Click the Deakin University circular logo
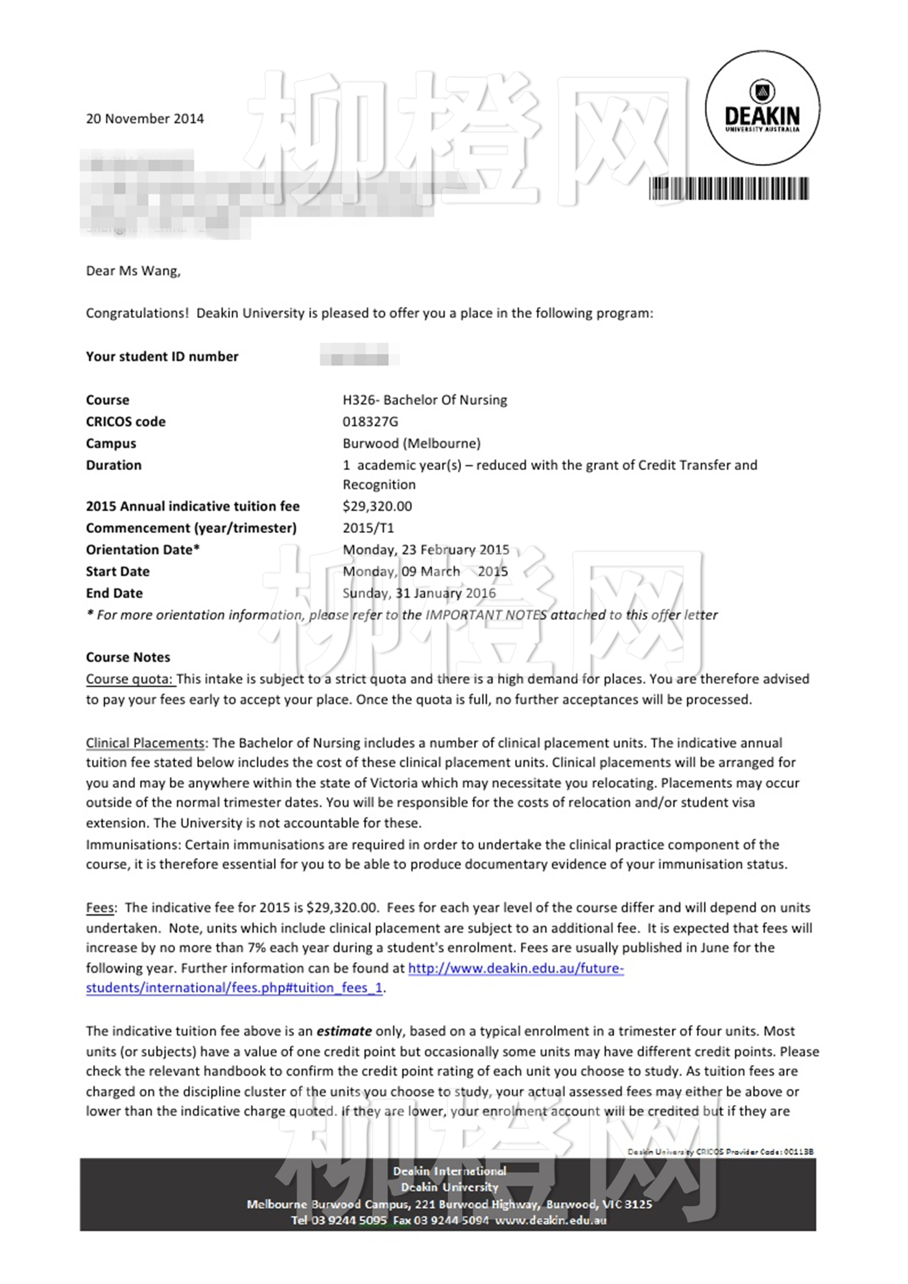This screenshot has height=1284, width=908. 762,108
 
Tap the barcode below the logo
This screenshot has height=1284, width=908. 729,189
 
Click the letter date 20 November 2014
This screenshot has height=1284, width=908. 145,119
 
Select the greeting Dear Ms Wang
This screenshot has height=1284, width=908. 133,271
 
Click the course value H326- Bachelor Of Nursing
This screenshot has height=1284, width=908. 425,400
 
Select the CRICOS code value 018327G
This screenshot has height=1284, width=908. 370,422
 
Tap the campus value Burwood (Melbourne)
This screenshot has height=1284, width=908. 411,444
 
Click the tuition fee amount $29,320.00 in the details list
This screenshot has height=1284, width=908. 377,506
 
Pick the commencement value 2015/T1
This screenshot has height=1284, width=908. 368,528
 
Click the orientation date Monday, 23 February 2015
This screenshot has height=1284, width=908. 425,550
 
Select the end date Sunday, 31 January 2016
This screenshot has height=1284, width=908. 419,593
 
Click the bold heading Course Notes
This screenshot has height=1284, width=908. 128,658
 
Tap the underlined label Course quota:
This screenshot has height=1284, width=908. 130,679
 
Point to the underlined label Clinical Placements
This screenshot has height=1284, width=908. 145,743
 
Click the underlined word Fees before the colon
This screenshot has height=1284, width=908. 100,908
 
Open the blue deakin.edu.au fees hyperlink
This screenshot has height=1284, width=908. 515,968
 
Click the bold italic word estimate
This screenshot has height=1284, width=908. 344,1031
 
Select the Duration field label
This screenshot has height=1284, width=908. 113,465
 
